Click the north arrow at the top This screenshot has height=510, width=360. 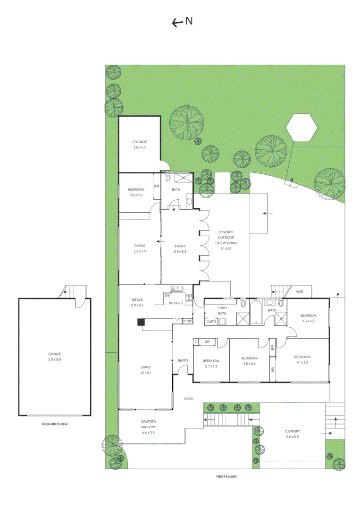(x=182, y=22)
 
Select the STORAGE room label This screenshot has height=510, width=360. (x=139, y=142)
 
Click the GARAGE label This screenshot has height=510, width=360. (x=54, y=354)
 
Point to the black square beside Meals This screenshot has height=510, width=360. (x=141, y=322)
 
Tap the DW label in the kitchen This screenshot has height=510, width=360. (x=167, y=296)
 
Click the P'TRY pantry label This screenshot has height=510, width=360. (x=187, y=322)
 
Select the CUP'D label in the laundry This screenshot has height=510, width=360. (x=211, y=322)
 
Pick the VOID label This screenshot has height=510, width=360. (x=300, y=292)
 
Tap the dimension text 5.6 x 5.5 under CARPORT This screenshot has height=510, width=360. (x=292, y=437)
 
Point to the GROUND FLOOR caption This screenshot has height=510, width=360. (x=54, y=424)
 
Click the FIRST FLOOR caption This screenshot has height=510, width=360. (x=226, y=476)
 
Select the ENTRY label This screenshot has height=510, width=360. (x=183, y=361)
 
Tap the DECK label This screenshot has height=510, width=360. (x=188, y=399)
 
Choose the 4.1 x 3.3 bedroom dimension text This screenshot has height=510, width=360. (x=302, y=363)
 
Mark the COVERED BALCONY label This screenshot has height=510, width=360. (x=148, y=424)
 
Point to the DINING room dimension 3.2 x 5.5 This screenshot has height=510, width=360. (x=139, y=251)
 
